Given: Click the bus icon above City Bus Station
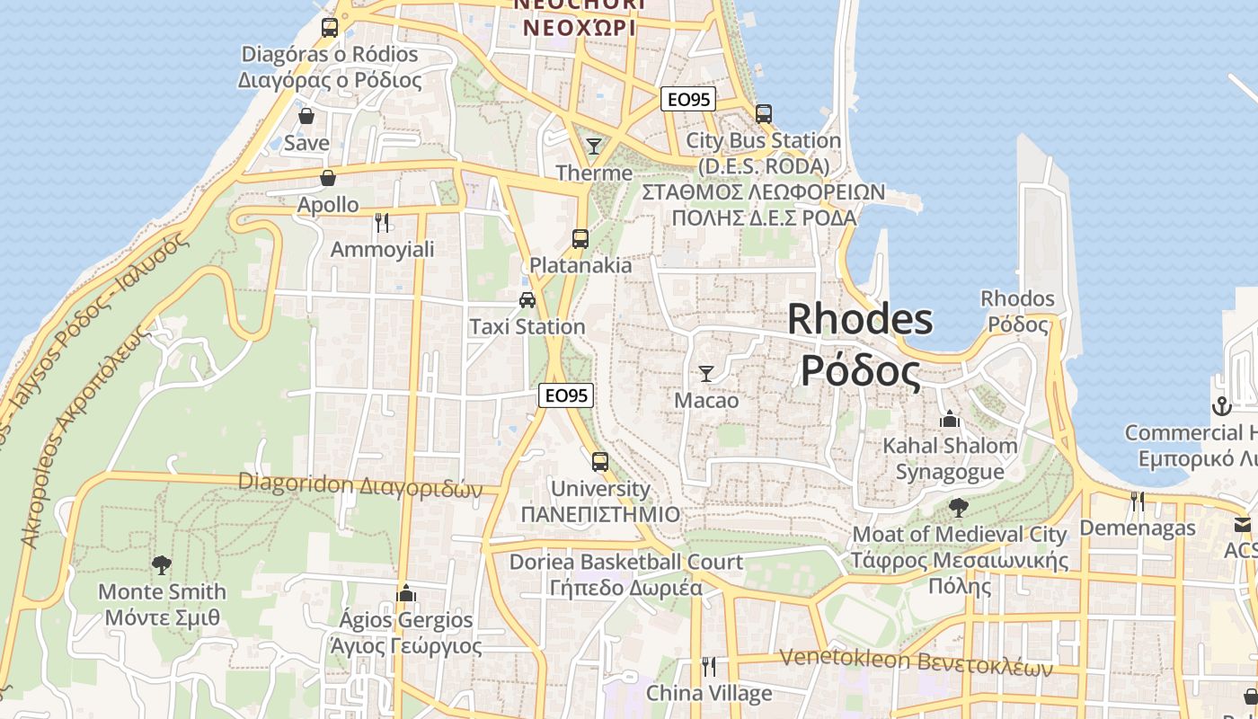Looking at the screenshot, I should (x=764, y=114).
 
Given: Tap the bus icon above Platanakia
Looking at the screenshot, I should (x=580, y=239).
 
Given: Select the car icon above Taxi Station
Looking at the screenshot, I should (x=527, y=300).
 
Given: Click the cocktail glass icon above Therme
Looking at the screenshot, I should (x=593, y=146).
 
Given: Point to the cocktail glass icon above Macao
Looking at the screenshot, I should (x=706, y=373).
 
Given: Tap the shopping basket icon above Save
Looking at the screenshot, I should (x=306, y=116).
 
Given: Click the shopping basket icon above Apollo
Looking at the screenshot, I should (x=328, y=178).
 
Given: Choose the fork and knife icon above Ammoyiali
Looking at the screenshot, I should (x=382, y=222).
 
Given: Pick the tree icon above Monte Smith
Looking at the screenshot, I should (x=162, y=565).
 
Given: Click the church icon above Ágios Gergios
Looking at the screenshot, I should (x=405, y=593).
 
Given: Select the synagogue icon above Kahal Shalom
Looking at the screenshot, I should (x=950, y=419).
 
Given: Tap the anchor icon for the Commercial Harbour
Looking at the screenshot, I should (x=1220, y=406).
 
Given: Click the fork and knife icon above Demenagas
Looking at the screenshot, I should (x=1138, y=501).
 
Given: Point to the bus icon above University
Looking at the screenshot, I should (x=599, y=462).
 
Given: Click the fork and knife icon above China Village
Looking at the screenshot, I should (x=709, y=666).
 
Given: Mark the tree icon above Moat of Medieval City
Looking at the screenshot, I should (x=959, y=508).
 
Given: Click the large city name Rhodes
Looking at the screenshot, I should (x=860, y=320).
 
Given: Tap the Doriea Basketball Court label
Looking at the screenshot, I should (x=626, y=563).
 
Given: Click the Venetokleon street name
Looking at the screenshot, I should (x=916, y=661).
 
